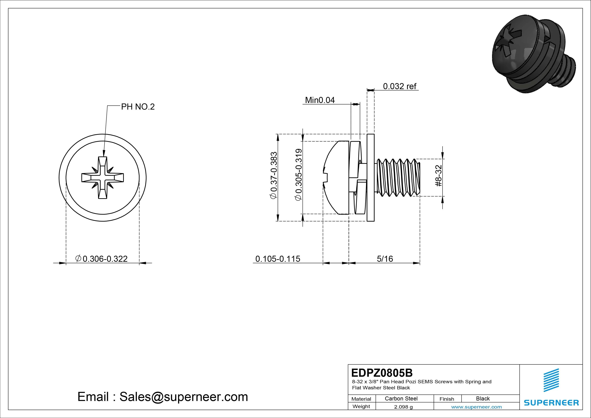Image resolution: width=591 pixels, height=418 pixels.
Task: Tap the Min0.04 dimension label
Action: (x=320, y=100)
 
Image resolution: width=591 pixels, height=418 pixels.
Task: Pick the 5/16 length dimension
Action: (x=385, y=259)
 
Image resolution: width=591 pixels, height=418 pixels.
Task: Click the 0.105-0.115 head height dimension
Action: (x=278, y=259)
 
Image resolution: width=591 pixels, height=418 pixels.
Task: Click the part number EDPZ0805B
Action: (x=382, y=373)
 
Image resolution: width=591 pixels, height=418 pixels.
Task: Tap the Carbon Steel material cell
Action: (x=401, y=398)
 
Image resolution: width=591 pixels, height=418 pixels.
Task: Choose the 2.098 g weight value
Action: (x=403, y=407)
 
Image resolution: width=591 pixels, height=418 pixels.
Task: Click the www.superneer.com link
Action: (x=476, y=407)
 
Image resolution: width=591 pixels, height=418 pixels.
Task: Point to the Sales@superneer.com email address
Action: (x=183, y=397)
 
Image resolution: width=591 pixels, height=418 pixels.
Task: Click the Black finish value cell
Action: (x=483, y=398)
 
